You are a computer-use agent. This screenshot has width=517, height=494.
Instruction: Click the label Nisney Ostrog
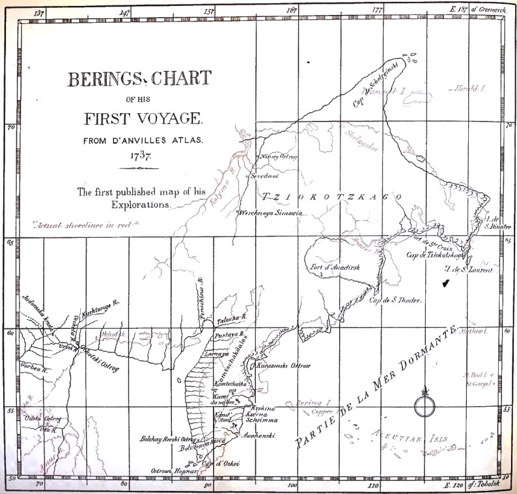(x=279, y=157)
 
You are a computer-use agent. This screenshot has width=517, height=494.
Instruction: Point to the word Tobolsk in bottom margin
(x=490, y=486)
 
